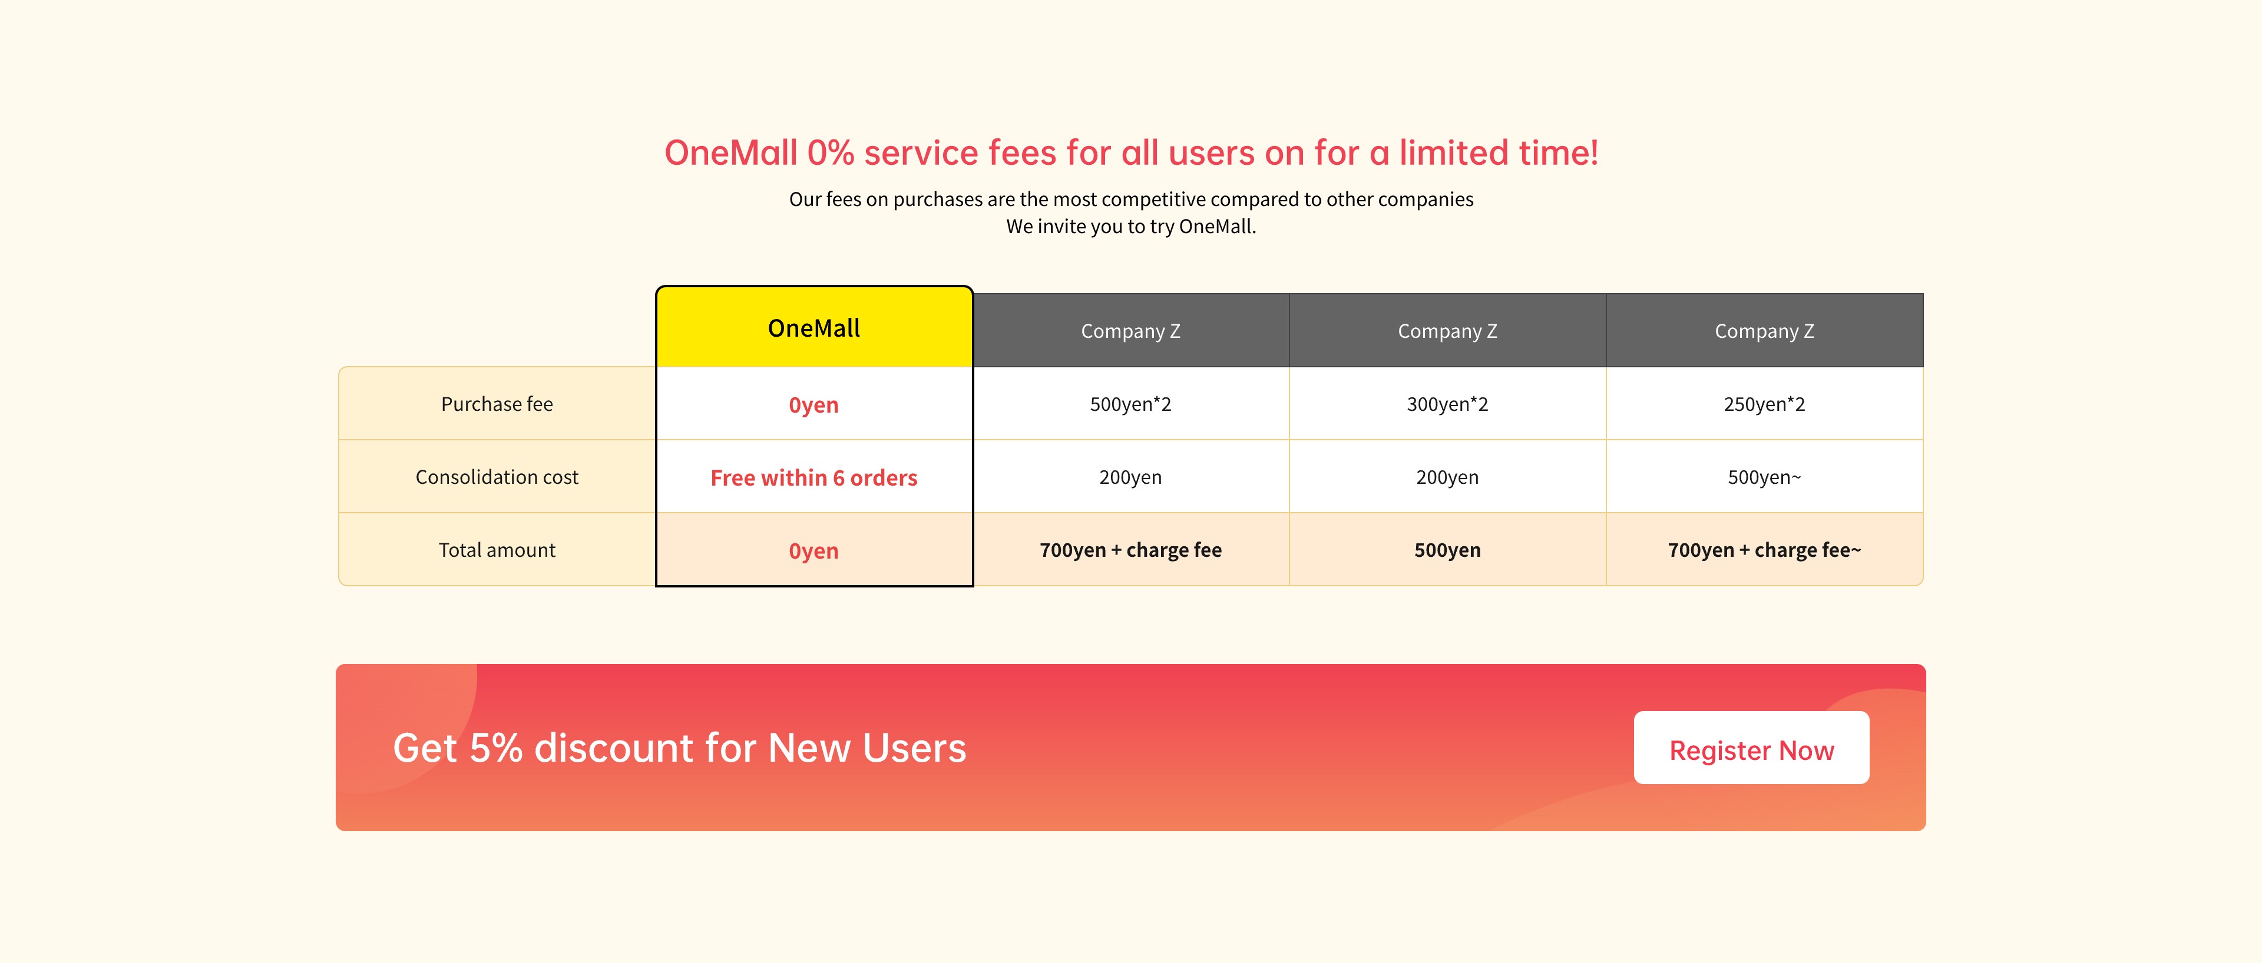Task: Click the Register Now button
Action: [x=1751, y=748]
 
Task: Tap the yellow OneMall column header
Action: [x=814, y=327]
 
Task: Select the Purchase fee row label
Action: [x=497, y=404]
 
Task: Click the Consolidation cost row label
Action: [x=497, y=477]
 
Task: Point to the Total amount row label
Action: [x=497, y=550]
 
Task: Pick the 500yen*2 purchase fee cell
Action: [x=1131, y=404]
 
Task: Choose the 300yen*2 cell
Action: [x=1447, y=404]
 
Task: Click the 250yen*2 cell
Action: [x=1764, y=404]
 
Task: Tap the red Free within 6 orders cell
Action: [x=814, y=477]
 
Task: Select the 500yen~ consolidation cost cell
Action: [x=1764, y=477]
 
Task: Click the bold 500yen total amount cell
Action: [x=1447, y=550]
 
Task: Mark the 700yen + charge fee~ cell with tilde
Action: [x=1764, y=550]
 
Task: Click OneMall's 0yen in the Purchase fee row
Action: [x=814, y=405]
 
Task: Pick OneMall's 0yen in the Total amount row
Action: [x=814, y=550]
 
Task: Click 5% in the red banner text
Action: [x=496, y=748]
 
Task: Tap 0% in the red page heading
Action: [x=831, y=152]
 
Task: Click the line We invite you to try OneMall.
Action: [x=1131, y=227]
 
